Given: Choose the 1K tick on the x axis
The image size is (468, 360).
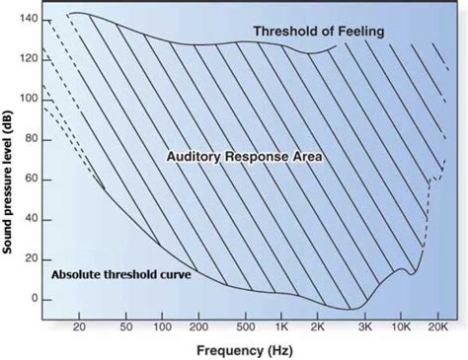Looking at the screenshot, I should (x=280, y=325).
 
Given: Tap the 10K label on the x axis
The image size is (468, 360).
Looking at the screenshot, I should (x=403, y=325).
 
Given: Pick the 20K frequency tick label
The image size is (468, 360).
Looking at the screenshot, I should (x=436, y=325).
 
